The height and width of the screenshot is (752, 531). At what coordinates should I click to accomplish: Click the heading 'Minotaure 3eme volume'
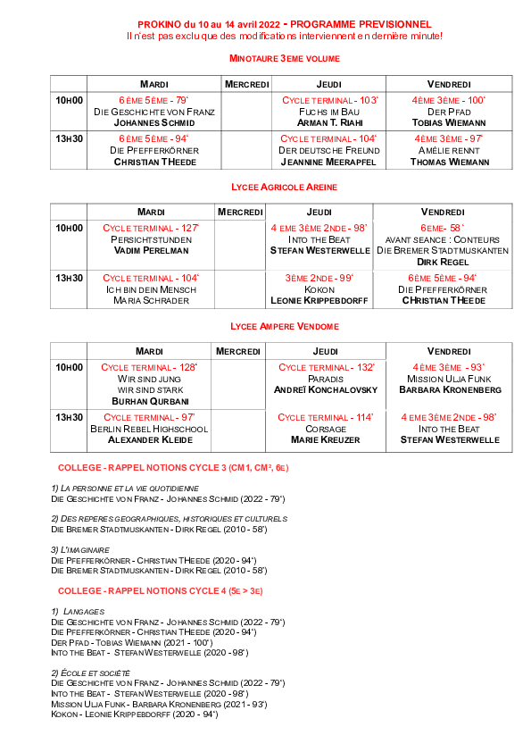click(284, 59)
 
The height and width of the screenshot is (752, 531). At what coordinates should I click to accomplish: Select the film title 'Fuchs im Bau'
click(328, 112)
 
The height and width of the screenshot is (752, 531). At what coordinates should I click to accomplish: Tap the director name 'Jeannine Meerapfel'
click(328, 163)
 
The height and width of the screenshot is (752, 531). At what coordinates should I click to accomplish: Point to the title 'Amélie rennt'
click(449, 151)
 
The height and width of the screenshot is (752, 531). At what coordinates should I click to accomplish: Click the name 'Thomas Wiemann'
click(450, 163)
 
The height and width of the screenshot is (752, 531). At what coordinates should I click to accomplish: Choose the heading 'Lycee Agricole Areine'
click(284, 187)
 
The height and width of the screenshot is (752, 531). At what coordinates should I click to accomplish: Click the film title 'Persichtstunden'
click(151, 239)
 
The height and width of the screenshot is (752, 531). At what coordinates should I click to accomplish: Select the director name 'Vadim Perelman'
click(151, 250)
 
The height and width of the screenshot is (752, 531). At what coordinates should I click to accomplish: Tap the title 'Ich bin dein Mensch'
click(151, 289)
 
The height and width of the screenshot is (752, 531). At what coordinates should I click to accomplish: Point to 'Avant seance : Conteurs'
click(443, 239)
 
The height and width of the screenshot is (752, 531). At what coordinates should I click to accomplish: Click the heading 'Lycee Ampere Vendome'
click(285, 327)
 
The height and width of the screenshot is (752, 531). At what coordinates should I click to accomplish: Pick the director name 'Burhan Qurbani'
click(150, 401)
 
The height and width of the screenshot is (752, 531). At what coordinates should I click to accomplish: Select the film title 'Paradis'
click(326, 379)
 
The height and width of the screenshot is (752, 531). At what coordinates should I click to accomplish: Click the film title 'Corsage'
click(326, 430)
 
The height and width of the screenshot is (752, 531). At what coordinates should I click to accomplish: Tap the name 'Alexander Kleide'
click(150, 439)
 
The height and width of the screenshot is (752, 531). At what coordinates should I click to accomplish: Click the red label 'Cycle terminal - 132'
click(327, 367)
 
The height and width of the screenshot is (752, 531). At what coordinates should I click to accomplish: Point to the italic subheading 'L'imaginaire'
click(80, 550)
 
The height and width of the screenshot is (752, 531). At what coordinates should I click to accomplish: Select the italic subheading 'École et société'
click(90, 673)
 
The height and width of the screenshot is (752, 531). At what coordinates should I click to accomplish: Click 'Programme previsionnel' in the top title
click(361, 24)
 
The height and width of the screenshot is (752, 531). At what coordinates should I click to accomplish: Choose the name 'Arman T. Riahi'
click(329, 122)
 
